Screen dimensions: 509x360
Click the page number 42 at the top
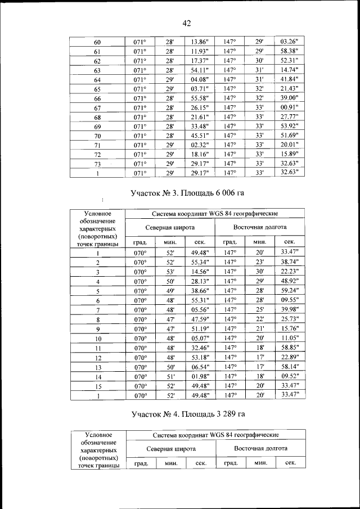187,23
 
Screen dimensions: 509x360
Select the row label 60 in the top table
97,42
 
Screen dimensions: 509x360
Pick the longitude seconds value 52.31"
289,61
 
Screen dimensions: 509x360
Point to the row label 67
97,108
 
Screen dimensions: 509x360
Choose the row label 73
97,164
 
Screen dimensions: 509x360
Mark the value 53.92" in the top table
289,126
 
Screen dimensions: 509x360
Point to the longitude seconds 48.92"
290,281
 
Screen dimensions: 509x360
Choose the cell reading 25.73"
290,319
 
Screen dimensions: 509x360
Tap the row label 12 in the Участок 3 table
97,358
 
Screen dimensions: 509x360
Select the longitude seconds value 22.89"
290,357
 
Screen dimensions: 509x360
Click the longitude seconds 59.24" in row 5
290,291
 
